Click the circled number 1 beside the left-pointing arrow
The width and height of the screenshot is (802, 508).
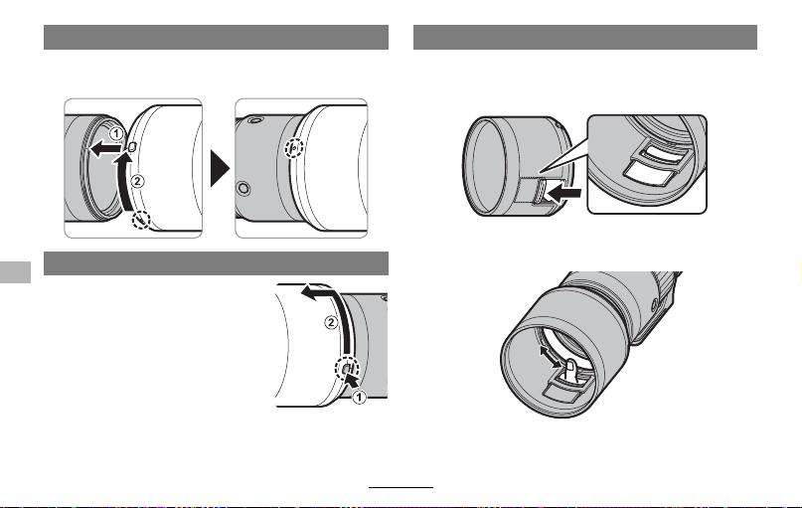(116, 134)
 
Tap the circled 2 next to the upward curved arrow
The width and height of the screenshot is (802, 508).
(137, 181)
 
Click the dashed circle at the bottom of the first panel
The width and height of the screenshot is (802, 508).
(141, 220)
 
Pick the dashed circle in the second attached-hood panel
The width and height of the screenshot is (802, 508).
(293, 148)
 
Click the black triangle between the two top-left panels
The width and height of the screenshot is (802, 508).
(220, 168)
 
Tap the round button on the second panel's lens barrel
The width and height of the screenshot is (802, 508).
(243, 188)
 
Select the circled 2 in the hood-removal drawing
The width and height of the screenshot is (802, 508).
(332, 323)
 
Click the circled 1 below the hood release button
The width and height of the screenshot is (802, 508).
(360, 397)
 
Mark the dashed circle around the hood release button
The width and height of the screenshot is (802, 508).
(347, 369)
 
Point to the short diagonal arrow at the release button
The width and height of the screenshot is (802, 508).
(353, 381)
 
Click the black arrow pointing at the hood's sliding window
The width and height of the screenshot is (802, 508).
(563, 194)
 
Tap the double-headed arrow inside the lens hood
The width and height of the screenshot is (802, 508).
(551, 356)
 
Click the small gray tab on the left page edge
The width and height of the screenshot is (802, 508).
(15, 272)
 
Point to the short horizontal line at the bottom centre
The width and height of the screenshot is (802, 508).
(401, 487)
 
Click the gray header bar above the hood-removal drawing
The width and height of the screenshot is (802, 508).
(216, 263)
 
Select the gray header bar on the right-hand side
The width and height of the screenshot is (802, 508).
(585, 38)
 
